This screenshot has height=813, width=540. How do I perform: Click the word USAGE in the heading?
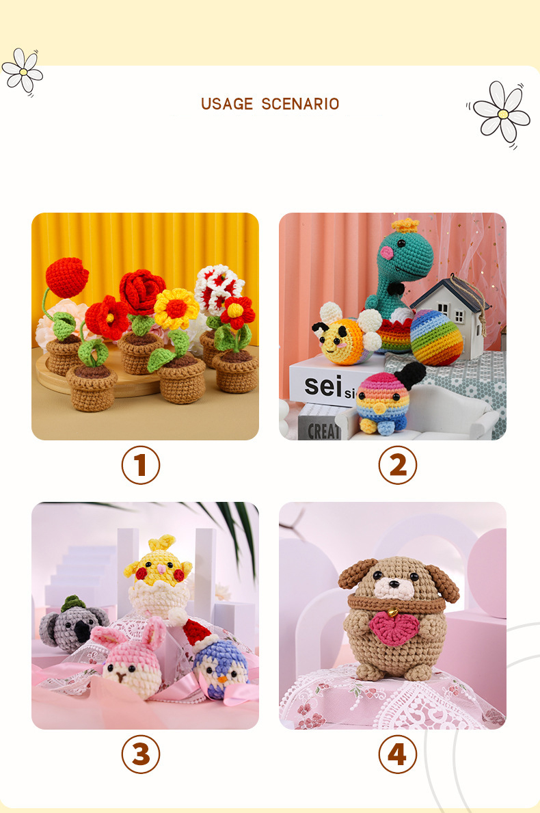click(x=227, y=104)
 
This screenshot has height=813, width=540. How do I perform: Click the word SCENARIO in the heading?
click(x=300, y=104)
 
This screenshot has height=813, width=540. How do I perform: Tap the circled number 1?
click(x=141, y=465)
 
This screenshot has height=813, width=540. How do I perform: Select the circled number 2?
click(x=397, y=465)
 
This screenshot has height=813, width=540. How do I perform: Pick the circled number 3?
click(x=141, y=755)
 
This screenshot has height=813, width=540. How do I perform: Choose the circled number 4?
click(x=397, y=755)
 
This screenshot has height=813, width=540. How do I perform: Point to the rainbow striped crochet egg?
click(x=436, y=338)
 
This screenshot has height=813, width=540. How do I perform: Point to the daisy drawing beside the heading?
click(x=502, y=111)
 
